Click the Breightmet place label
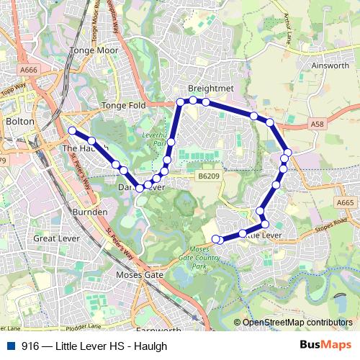coord(207,88)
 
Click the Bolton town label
coord(19,122)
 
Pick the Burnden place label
coord(91,212)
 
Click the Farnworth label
coord(157,331)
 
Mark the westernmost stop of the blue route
coord(72,130)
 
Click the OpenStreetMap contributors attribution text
coord(297,323)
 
